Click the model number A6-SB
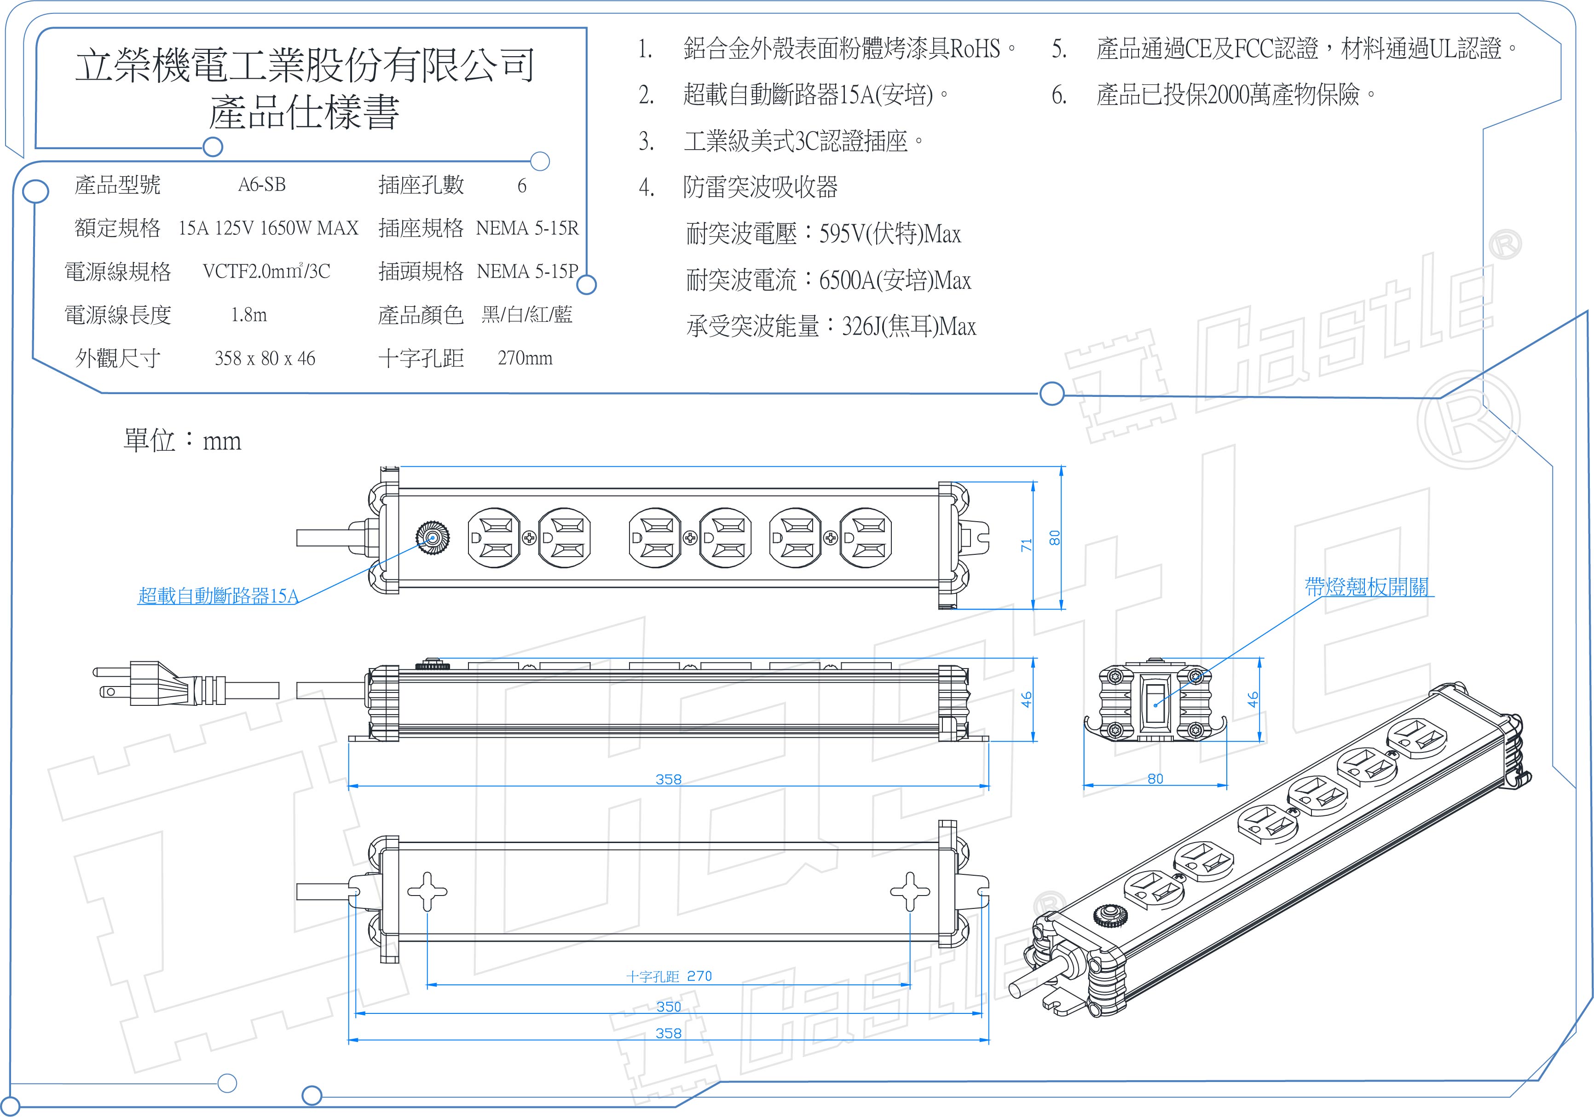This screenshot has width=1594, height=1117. click(262, 185)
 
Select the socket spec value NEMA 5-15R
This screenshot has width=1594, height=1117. click(527, 228)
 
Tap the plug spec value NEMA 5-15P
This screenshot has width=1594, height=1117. click(527, 272)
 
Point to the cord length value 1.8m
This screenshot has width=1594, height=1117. click(248, 315)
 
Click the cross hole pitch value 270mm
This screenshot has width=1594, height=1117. click(525, 358)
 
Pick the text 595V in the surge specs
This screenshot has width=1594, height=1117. click(842, 234)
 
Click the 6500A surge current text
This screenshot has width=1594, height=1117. click(847, 281)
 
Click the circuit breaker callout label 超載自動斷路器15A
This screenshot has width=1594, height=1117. click(218, 596)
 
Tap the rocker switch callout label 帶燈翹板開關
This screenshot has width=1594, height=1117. click(1366, 588)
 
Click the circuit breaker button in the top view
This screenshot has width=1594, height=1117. click(432, 538)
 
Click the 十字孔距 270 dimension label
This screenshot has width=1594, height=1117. click(669, 976)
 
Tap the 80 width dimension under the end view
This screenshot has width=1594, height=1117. click(1155, 779)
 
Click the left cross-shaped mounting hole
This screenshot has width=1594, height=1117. click(427, 892)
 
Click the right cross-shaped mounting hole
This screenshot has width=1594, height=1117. click(909, 892)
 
